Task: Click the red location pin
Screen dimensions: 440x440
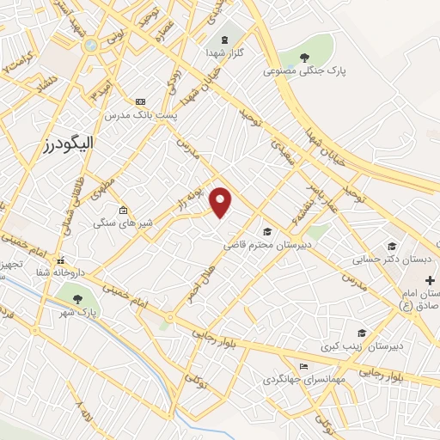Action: tap(222, 201)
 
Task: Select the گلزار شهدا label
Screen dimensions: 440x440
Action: tap(225, 53)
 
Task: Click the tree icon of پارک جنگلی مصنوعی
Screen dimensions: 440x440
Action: tap(304, 58)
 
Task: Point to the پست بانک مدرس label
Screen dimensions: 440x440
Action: tap(141, 114)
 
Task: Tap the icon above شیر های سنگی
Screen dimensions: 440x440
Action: tap(124, 211)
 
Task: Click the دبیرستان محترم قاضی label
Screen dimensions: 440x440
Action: tap(267, 245)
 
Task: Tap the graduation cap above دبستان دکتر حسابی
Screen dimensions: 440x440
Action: tap(392, 246)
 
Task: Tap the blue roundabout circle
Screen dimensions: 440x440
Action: tap(90, 45)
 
